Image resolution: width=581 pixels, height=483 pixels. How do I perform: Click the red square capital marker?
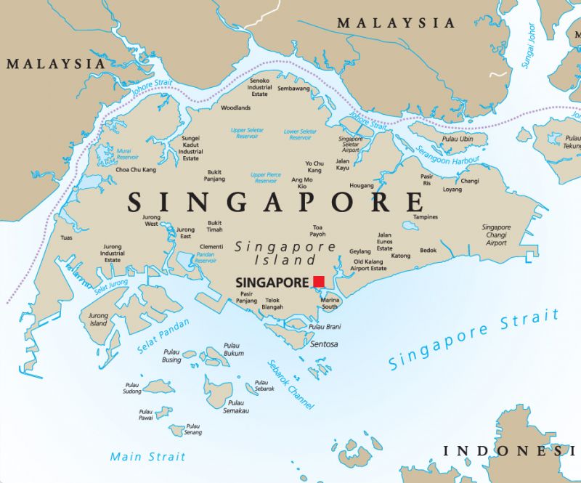pos(319,281)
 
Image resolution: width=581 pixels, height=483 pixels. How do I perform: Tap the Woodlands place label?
pos(235,107)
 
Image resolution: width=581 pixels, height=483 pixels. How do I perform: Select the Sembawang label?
pos(293,89)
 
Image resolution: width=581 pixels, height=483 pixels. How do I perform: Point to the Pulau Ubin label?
pos(457,139)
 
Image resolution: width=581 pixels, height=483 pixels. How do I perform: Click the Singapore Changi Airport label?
pos(496,235)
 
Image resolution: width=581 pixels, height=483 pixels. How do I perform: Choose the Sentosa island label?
pos(324,344)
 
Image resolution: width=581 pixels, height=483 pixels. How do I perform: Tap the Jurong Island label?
pos(98,320)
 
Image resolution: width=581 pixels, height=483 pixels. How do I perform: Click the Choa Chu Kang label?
pos(136,170)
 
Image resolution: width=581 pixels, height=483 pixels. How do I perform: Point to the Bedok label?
pos(428,251)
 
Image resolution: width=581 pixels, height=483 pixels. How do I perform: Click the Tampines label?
pos(425,216)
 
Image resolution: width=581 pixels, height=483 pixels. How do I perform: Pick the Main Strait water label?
pos(147,457)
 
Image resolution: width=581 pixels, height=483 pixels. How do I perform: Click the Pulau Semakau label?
pos(236,407)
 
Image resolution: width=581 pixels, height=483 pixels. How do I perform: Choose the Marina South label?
pos(330,303)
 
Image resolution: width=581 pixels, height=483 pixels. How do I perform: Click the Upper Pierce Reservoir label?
pos(265,178)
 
